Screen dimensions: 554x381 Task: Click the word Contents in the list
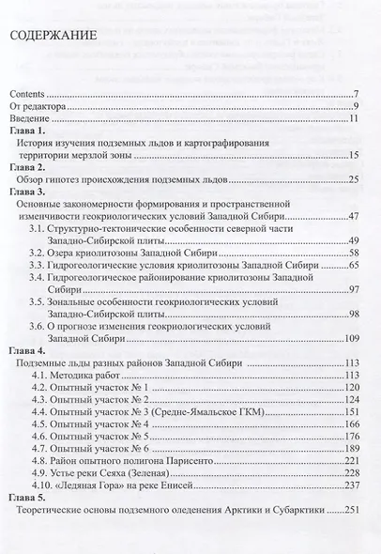click(28, 94)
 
